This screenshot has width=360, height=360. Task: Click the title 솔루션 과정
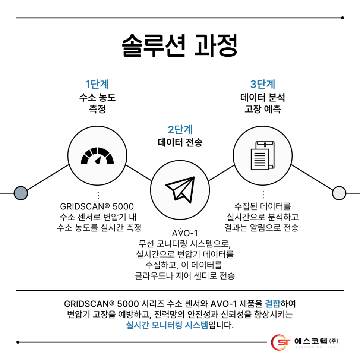[180, 46]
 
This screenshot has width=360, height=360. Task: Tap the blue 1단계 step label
[97, 84]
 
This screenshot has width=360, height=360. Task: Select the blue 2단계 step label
[180, 129]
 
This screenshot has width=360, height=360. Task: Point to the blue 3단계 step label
[263, 84]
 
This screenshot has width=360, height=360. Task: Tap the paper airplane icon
[180, 188]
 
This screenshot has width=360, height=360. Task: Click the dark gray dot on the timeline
[20, 193]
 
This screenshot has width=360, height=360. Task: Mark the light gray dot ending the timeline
[339, 193]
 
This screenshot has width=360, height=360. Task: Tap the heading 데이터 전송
[180, 142]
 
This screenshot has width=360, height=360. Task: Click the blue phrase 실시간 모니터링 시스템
[167, 325]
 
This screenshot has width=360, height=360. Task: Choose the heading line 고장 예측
[263, 109]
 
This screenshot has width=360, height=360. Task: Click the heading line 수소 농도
[97, 98]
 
